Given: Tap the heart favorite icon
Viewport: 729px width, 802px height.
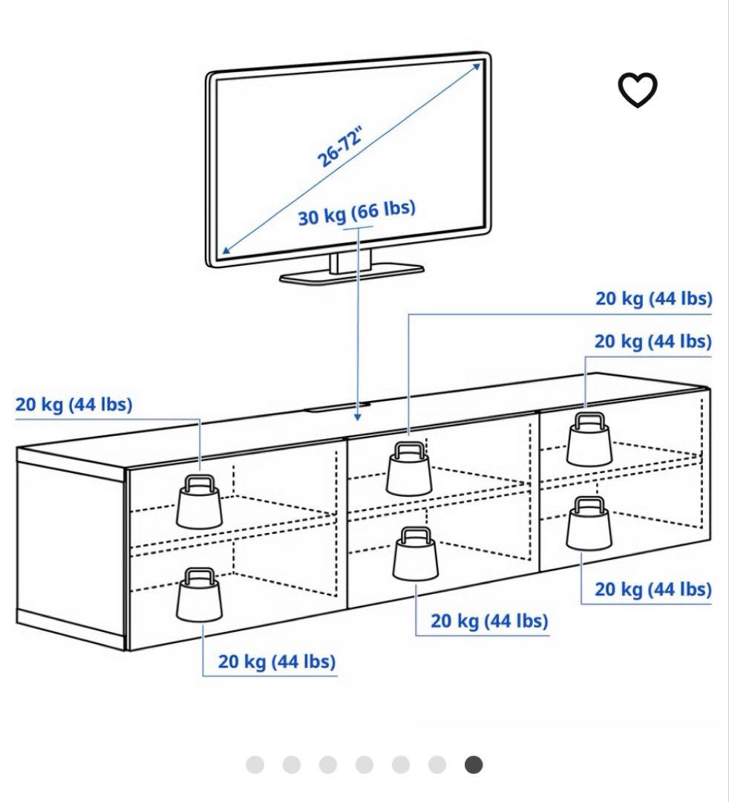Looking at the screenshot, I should tap(638, 91).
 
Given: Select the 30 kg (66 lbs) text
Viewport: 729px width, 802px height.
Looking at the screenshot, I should tap(356, 212).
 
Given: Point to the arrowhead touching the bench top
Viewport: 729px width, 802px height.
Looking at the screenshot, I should tap(359, 417).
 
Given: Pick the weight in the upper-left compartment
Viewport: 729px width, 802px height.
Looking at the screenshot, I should tap(199, 501).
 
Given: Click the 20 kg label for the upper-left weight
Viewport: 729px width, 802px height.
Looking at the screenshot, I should tap(73, 405).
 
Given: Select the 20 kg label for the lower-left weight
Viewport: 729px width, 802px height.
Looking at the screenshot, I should tap(276, 661).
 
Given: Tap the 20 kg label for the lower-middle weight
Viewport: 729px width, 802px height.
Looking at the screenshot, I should tap(489, 621).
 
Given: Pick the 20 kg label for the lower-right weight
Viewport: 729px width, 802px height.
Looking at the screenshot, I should tap(653, 589).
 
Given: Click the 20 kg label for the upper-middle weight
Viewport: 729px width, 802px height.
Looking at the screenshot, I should tap(653, 299).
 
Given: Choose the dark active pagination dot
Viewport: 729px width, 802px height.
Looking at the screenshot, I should tap(474, 765).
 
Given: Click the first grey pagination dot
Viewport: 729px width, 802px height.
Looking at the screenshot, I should tap(255, 765).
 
